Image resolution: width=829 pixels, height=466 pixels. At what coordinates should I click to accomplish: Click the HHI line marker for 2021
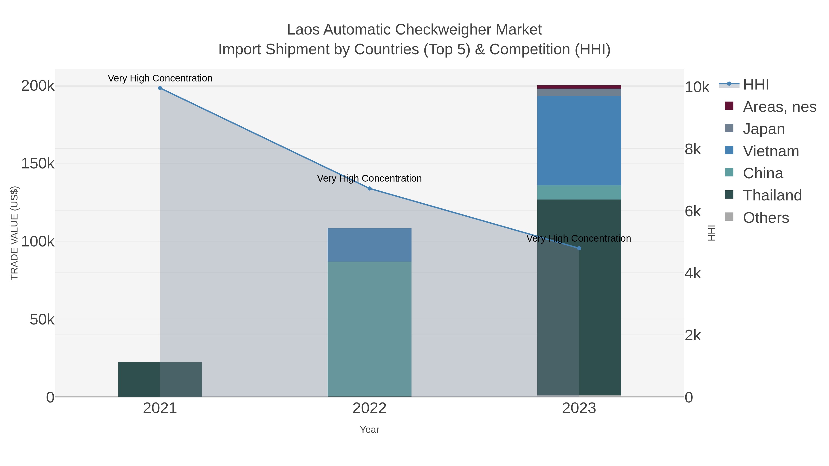[160, 88]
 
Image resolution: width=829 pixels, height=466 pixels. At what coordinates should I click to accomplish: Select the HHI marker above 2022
[369, 188]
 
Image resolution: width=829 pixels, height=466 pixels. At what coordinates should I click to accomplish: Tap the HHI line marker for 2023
[579, 248]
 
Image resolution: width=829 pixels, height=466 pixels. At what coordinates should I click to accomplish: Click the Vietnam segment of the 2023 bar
[579, 141]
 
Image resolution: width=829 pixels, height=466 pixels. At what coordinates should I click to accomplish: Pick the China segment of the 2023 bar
[579, 192]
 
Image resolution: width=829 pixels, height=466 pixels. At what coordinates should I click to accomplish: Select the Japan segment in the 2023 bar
[579, 92]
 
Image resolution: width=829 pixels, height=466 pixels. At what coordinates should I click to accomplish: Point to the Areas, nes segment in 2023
[579, 87]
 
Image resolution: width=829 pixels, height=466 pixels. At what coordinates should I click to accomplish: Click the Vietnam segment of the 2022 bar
[369, 245]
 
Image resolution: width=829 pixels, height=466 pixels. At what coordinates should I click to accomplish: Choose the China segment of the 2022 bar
[369, 328]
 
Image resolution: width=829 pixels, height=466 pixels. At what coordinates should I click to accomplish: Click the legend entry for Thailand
[772, 195]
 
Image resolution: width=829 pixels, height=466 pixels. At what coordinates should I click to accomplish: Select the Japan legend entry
[764, 129]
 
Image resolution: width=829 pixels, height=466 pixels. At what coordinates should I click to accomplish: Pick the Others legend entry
[766, 217]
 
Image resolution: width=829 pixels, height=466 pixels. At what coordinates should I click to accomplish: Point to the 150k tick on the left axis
[38, 163]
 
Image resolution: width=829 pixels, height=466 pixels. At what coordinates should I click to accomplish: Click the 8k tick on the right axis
[692, 149]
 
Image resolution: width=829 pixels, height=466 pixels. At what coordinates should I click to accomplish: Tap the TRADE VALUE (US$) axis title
[15, 233]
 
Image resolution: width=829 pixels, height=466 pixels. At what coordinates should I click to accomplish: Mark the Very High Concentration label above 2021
[160, 78]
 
